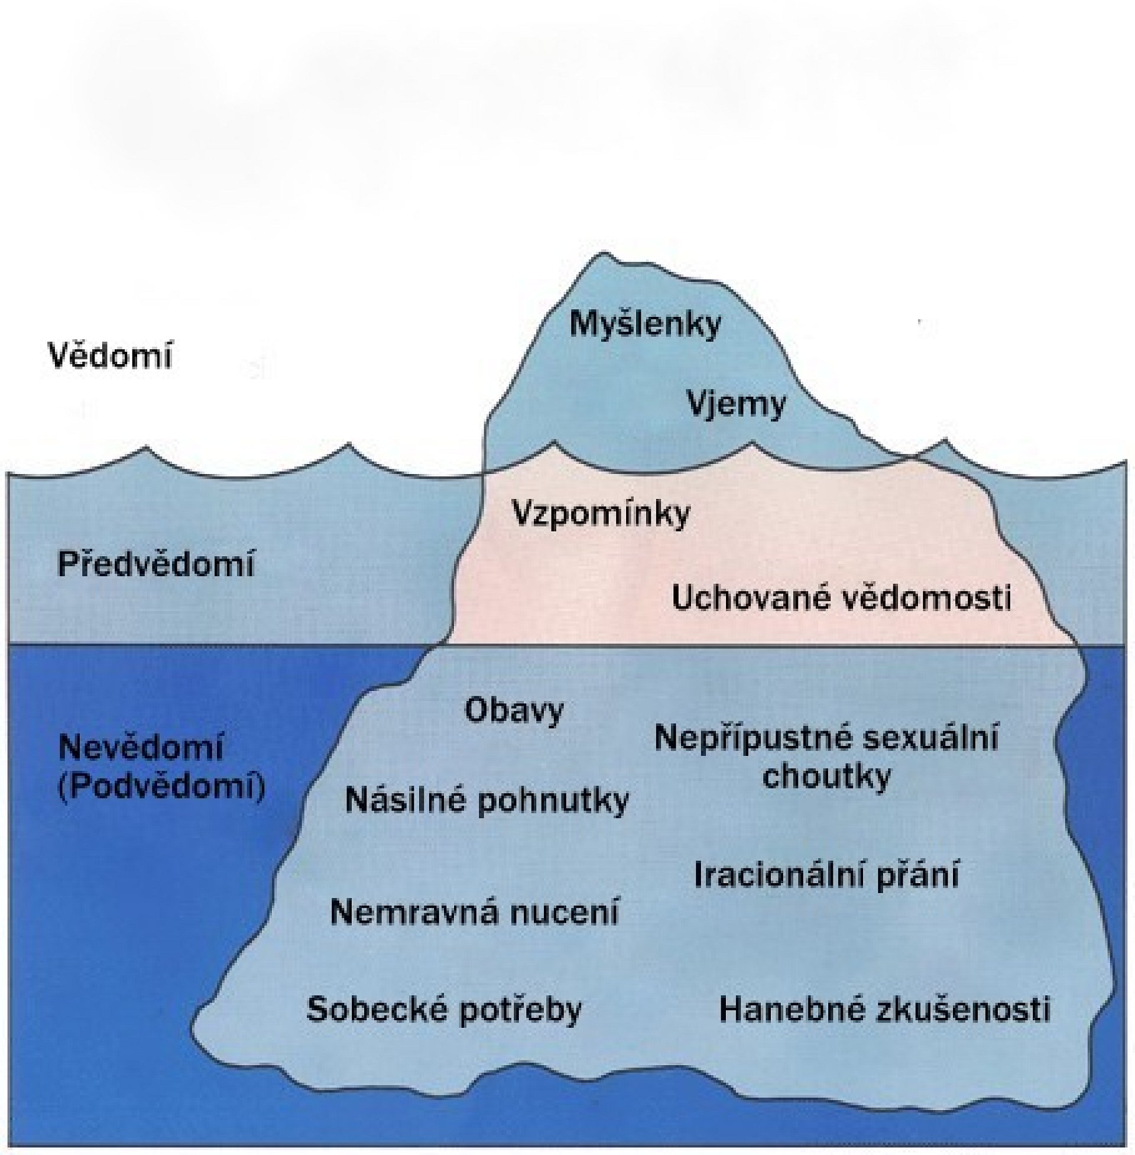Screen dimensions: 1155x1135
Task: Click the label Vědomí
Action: (x=110, y=356)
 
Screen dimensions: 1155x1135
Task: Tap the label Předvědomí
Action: (x=155, y=564)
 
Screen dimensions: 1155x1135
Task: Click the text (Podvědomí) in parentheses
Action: (x=161, y=788)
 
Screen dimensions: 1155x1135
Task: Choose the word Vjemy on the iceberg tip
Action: (x=737, y=405)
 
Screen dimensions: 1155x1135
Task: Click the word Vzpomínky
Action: (x=601, y=513)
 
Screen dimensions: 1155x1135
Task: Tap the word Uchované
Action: (x=751, y=598)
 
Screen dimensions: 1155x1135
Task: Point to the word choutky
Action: (x=826, y=777)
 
